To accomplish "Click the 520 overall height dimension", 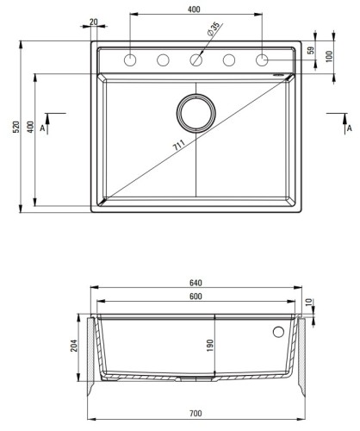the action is click(16, 127).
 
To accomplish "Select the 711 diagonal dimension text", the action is click(178, 145).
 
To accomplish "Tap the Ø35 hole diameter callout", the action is click(214, 29).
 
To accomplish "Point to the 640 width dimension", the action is click(196, 283).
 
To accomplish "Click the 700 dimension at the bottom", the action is click(196, 414).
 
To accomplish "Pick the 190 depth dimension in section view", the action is click(210, 346).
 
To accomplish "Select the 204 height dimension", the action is click(74, 346).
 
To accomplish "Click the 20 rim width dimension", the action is click(94, 22).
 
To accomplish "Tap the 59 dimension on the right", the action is click(311, 50).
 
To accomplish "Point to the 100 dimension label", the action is click(329, 56).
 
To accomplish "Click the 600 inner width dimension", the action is click(196, 297).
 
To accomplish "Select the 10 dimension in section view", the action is click(309, 302).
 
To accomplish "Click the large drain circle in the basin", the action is click(196, 95).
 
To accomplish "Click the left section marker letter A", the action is click(42, 128).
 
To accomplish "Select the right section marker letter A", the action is click(350, 128).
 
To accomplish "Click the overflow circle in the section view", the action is click(278, 327).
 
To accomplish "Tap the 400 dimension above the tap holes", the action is click(194, 9).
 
